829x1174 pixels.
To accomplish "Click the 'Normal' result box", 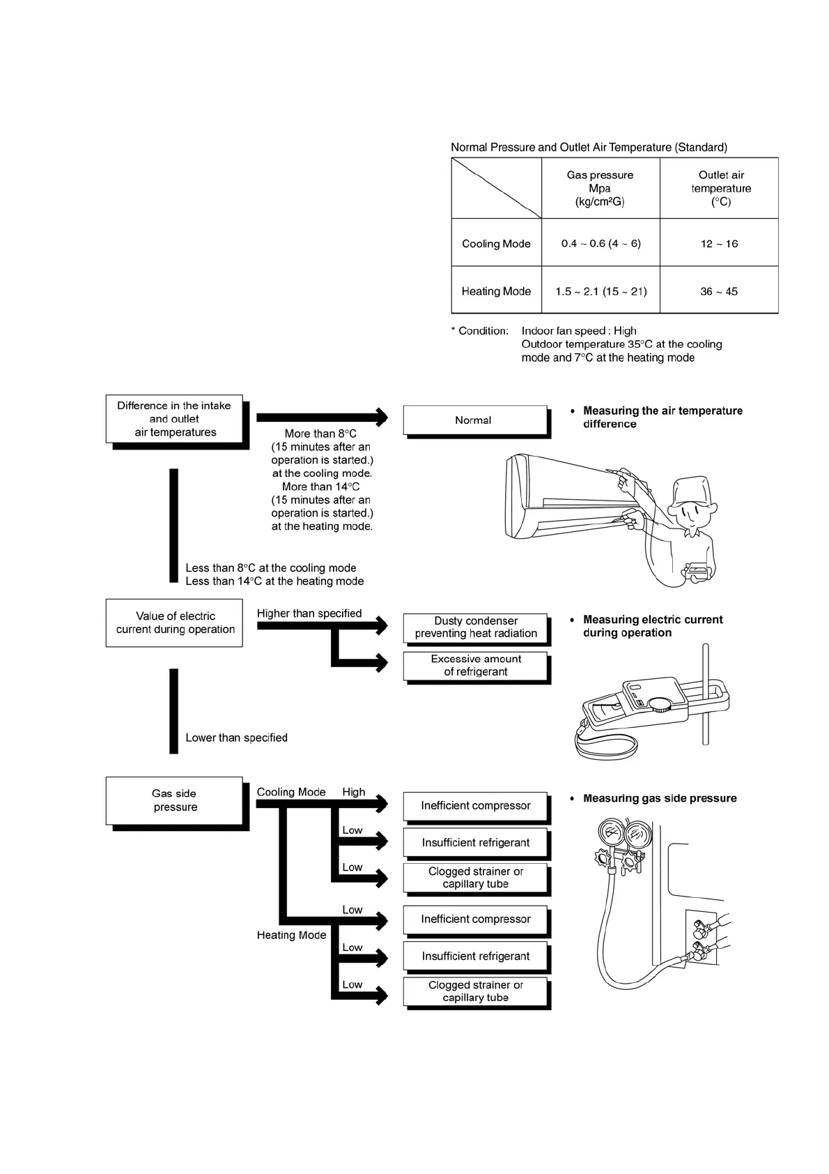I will tap(474, 420).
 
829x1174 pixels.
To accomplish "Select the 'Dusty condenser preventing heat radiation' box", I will tap(476, 627).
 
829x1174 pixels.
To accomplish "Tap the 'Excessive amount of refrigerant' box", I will tap(476, 666).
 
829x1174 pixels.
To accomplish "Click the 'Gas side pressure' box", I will tap(174, 800).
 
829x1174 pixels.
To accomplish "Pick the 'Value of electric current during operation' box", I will tap(174, 623).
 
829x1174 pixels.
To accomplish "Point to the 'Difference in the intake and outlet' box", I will tap(174, 418).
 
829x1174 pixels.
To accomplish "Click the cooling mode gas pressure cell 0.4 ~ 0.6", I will tap(601, 243).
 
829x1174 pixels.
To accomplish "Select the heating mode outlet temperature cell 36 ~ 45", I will tap(719, 291).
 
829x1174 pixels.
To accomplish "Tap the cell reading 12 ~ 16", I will tap(719, 243).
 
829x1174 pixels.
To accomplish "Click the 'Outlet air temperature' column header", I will tap(720, 188).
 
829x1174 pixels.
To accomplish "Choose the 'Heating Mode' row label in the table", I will tap(496, 291).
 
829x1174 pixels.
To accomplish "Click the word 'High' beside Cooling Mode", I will tap(353, 792).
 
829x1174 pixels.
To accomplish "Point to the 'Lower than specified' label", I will tap(236, 738).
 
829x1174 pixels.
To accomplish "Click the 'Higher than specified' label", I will tap(309, 613).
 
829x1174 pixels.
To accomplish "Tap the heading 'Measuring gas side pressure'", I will tap(659, 798).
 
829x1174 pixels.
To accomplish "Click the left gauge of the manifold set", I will tap(611, 833).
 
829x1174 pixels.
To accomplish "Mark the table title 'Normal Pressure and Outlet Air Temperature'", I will tap(589, 147).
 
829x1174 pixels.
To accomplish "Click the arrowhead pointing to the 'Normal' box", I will tap(381, 417).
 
